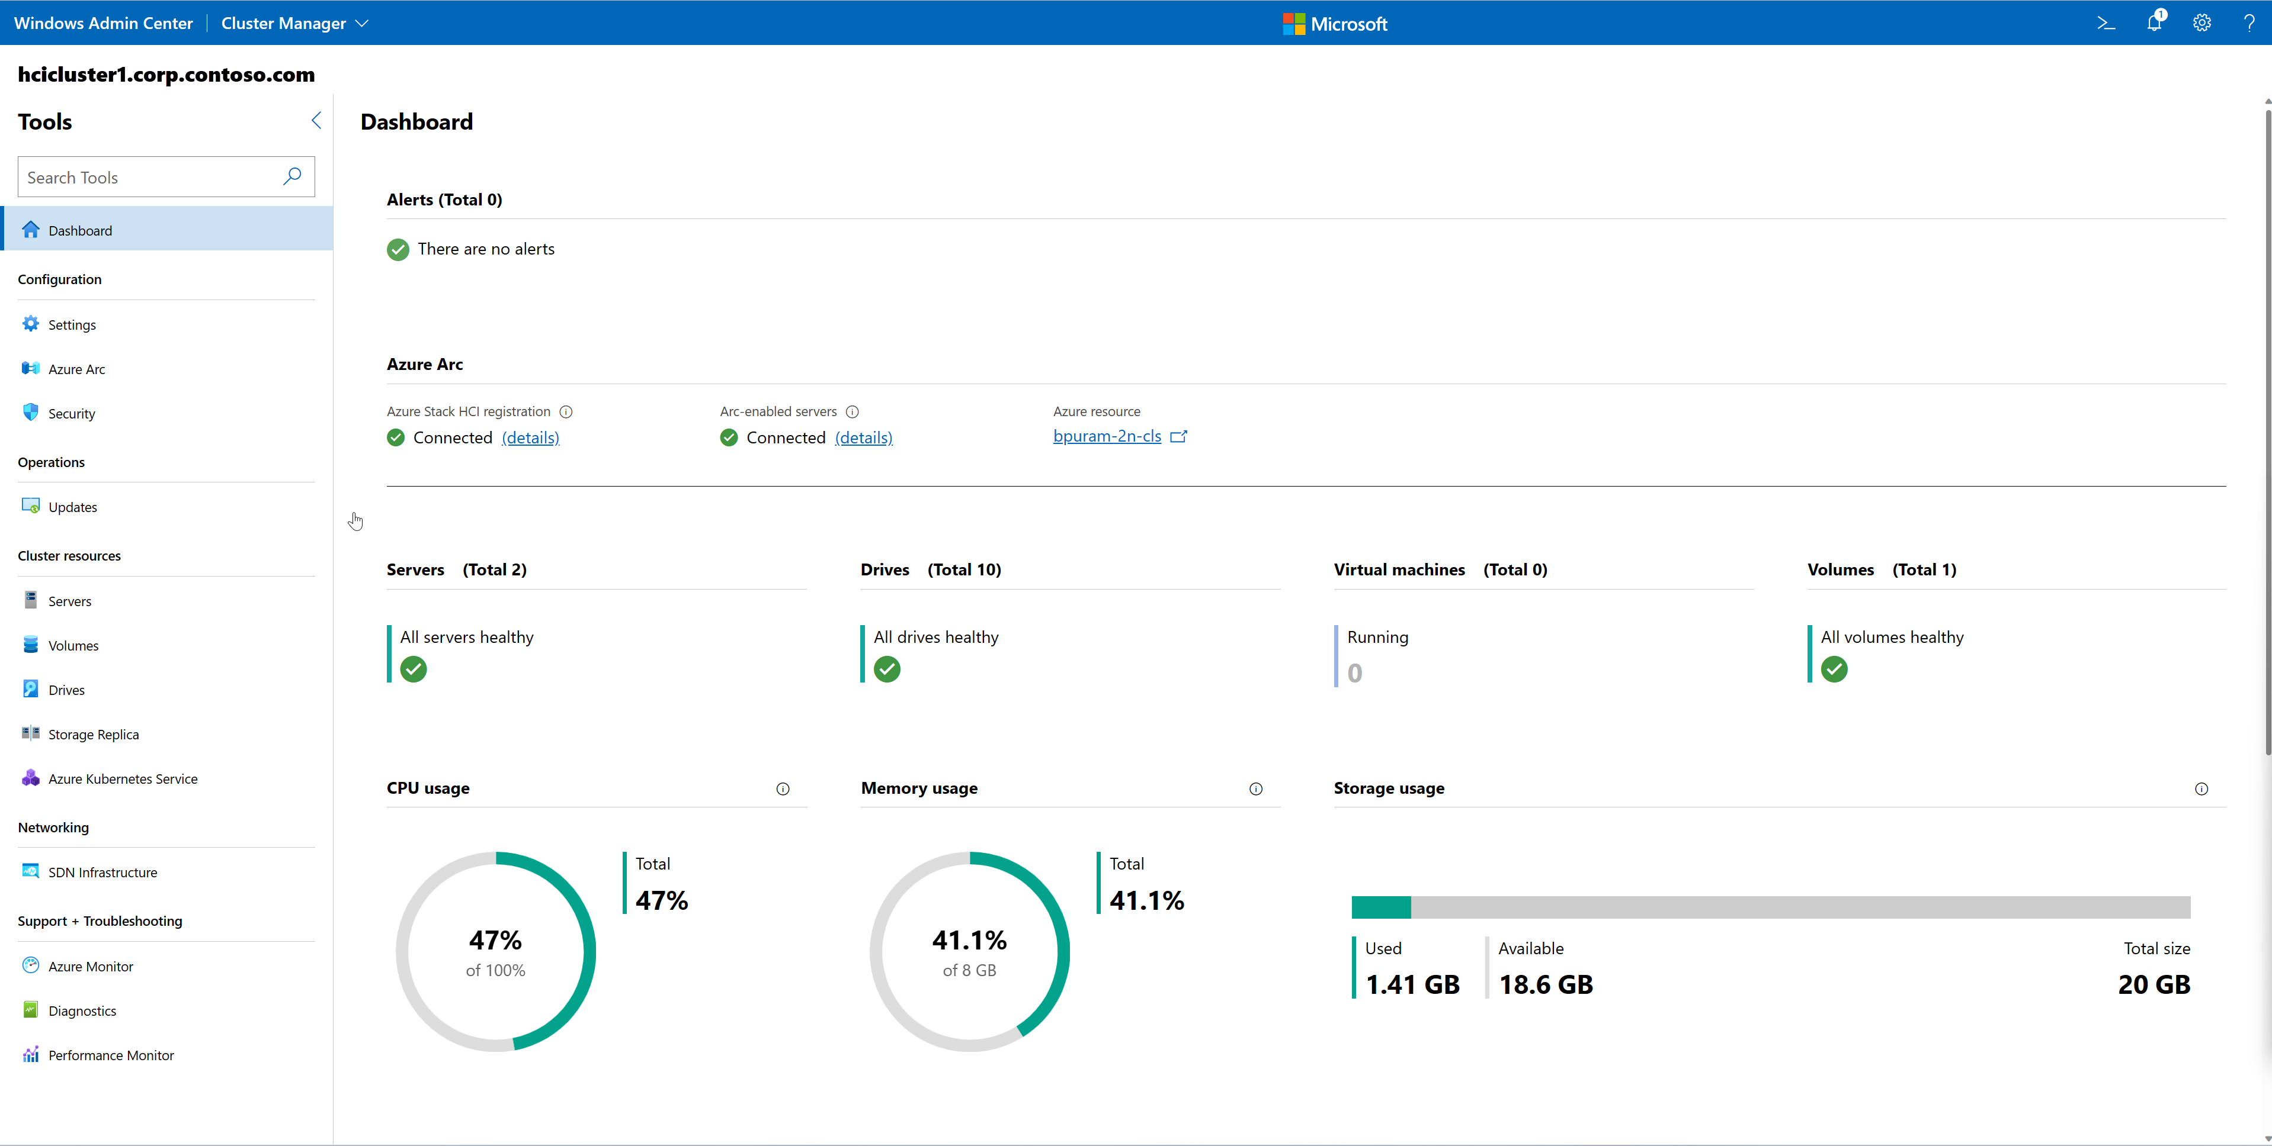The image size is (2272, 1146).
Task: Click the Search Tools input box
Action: tap(150, 177)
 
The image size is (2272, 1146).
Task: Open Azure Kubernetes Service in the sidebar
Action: tap(123, 778)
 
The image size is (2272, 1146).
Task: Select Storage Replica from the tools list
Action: tap(94, 735)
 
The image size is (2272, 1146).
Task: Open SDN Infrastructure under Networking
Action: tap(102, 872)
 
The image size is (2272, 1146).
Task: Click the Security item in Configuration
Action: tap(72, 413)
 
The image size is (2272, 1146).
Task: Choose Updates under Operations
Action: tap(72, 507)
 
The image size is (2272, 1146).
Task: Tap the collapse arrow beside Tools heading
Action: tap(316, 121)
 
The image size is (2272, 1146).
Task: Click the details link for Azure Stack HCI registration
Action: tap(530, 437)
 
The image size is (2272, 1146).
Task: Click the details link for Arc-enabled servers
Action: tap(863, 437)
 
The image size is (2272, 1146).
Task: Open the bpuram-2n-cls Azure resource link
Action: tap(1107, 436)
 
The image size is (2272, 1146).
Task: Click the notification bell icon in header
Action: tap(2154, 23)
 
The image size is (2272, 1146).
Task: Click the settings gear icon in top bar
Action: tap(2201, 23)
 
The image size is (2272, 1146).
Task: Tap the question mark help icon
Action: tap(2248, 23)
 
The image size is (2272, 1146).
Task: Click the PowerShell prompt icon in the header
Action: tap(2106, 23)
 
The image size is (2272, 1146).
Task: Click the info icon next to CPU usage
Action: tap(783, 789)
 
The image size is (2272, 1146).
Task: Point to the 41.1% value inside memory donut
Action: tap(969, 940)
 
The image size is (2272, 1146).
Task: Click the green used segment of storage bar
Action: tap(1380, 907)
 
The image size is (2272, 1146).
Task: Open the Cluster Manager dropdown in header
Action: tap(294, 23)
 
